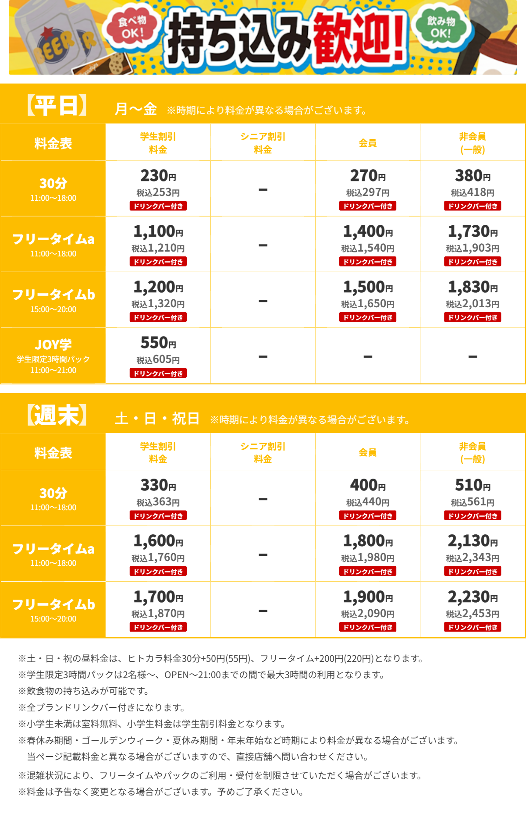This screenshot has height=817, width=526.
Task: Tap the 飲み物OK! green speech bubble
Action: point(441,27)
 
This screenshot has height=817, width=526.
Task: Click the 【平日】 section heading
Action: point(57,106)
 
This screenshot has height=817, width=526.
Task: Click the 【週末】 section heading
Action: point(57,416)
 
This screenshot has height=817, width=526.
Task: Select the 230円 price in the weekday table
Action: point(158,176)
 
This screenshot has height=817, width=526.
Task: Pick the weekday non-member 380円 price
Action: point(473,176)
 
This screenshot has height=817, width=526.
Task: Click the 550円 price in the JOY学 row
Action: point(158,343)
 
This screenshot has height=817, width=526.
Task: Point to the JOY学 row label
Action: point(53,345)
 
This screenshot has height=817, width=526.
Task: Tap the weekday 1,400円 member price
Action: point(367,231)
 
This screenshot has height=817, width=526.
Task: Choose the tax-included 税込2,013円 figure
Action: point(473,304)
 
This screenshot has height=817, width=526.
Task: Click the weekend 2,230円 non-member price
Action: point(473,597)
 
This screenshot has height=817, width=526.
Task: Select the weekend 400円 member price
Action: point(367,485)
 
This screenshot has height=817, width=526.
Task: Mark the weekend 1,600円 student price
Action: point(158,541)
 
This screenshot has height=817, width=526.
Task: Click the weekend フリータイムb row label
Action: point(53,605)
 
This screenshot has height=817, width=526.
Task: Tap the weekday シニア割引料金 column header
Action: point(263,143)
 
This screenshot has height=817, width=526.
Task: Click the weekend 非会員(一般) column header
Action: point(473,452)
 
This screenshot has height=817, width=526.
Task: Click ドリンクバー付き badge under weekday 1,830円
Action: point(473,317)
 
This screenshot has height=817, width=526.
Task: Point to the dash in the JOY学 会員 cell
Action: point(368,357)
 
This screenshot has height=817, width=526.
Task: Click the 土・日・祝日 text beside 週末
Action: point(157,419)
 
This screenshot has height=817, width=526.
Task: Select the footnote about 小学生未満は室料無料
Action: point(152,724)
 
